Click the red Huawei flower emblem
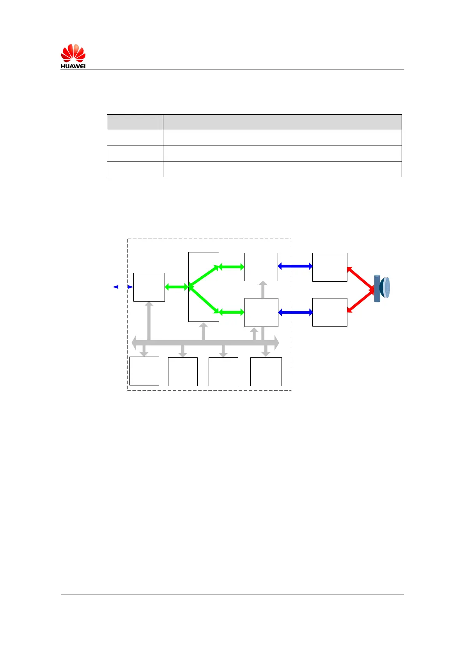click(x=73, y=53)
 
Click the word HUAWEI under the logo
click(x=73, y=66)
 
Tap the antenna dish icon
click(x=382, y=288)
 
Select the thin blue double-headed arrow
click(x=123, y=287)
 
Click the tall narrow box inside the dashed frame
click(x=204, y=287)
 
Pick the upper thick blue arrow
click(x=295, y=266)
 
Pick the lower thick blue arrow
click(x=296, y=312)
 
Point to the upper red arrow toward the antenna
click(x=360, y=278)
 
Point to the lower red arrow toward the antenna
click(x=360, y=300)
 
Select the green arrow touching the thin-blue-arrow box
click(x=177, y=287)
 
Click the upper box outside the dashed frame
click(x=329, y=267)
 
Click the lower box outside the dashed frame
click(x=329, y=312)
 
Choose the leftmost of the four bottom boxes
click(x=144, y=371)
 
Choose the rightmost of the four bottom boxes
click(x=266, y=371)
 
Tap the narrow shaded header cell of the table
click(x=135, y=122)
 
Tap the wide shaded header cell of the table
click(x=282, y=122)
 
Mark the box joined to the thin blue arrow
click(x=149, y=287)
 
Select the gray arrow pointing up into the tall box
click(x=204, y=332)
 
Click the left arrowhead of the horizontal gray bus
click(x=135, y=343)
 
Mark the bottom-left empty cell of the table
click(x=135, y=169)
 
